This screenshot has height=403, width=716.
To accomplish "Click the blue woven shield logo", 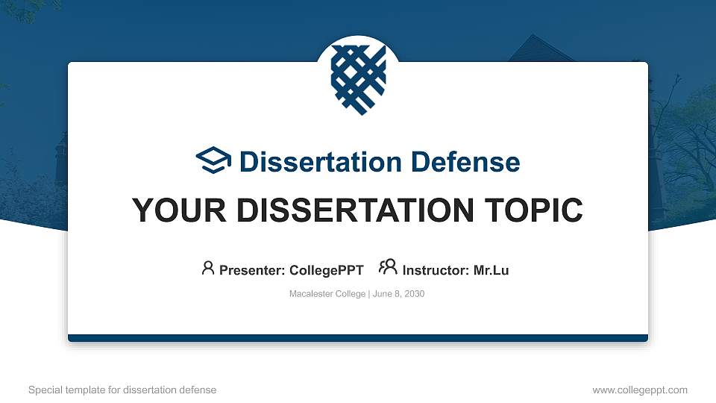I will pyautogui.click(x=358, y=78).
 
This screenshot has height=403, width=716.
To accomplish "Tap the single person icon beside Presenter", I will pyautogui.click(x=208, y=268).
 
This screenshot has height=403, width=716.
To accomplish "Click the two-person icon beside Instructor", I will pyautogui.click(x=388, y=268).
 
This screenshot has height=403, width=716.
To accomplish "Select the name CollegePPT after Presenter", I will pyautogui.click(x=327, y=270).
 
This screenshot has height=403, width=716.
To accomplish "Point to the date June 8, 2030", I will pyautogui.click(x=398, y=294).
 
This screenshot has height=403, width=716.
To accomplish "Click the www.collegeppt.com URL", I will pyautogui.click(x=640, y=390).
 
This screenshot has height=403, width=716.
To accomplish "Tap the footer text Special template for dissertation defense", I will pyautogui.click(x=122, y=390).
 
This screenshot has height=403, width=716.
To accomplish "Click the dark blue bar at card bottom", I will pyautogui.click(x=358, y=338).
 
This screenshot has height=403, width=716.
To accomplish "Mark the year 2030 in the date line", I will pyautogui.click(x=413, y=294).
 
